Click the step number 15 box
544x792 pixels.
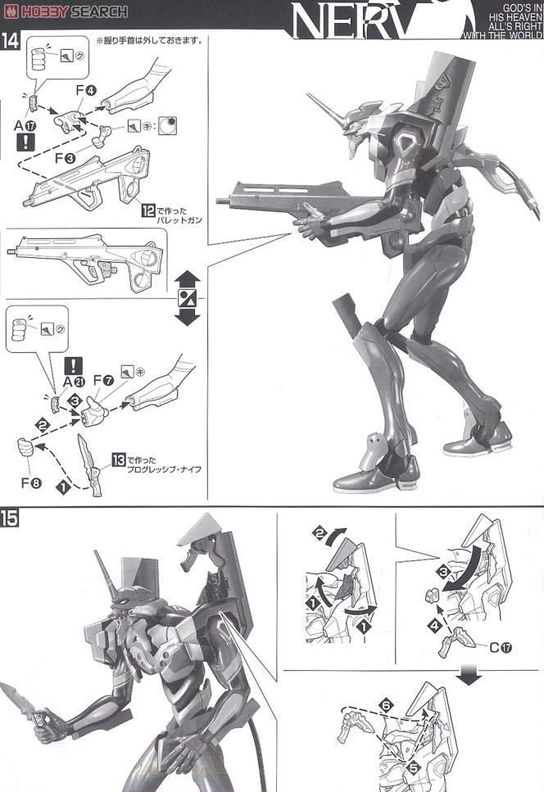11,518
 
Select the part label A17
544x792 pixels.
25,126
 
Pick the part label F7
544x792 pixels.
102,381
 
